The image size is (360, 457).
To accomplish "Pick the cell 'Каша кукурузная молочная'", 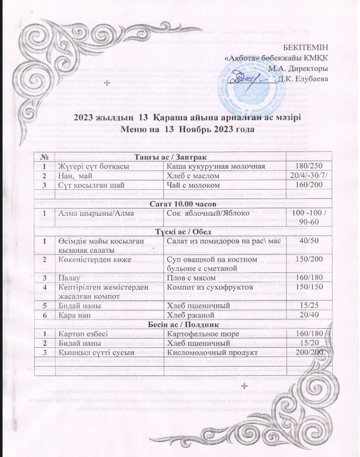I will click(x=215, y=166).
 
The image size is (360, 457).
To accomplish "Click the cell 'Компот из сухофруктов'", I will click(x=210, y=287).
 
